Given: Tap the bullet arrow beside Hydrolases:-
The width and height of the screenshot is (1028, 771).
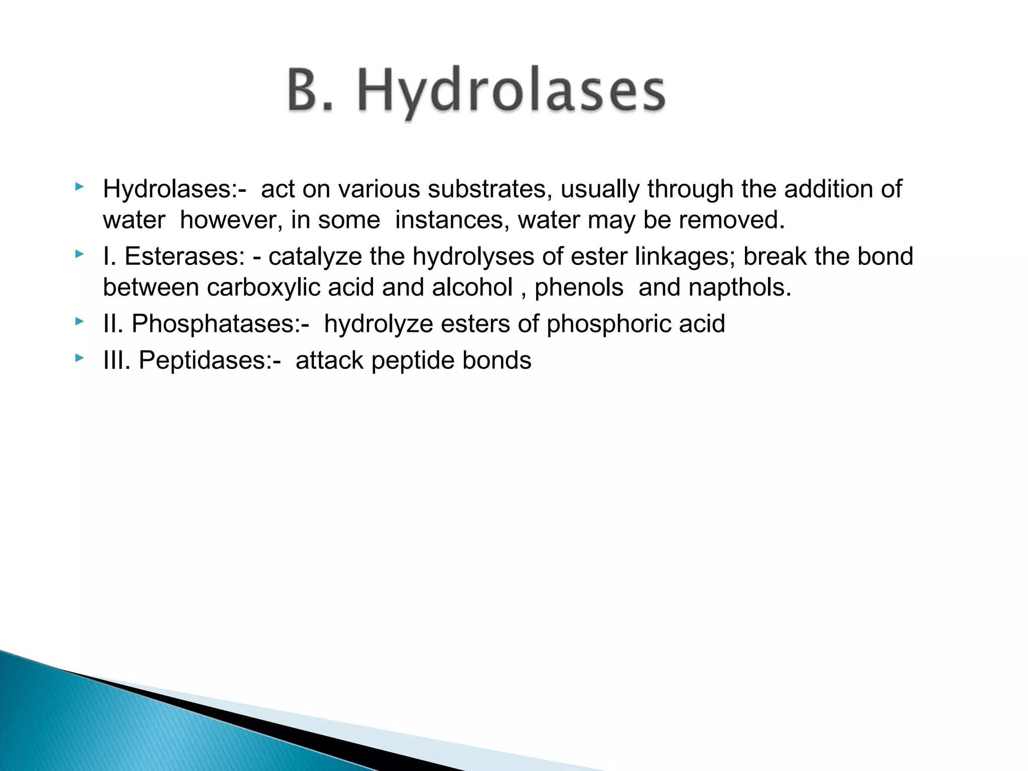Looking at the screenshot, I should click(79, 187).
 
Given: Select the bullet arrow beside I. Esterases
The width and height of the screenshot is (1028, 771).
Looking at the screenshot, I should click(79, 254).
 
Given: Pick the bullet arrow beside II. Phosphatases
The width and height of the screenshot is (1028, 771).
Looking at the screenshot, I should click(79, 322).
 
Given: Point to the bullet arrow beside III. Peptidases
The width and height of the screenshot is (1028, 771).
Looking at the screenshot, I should click(79, 358).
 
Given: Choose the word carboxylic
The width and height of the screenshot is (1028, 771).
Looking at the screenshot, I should click(263, 288).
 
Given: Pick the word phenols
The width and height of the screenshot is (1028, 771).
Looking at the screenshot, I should click(579, 288).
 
